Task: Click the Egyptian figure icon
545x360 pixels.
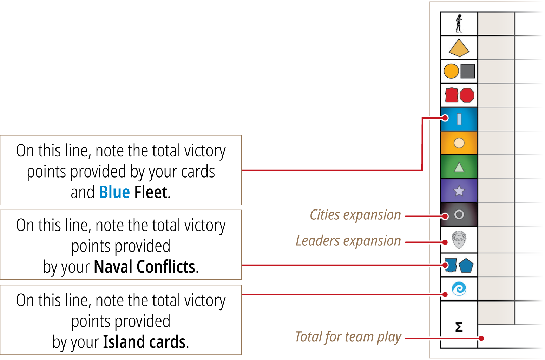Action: coord(459,24)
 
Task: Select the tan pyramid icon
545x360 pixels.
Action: coord(459,48)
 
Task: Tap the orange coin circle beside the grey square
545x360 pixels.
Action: coord(451,71)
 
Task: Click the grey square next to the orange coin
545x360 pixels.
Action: coord(468,71)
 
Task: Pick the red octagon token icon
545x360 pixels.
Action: coord(467,95)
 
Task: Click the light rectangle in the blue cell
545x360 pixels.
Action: coord(459,119)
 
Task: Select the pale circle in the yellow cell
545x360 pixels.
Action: coord(459,143)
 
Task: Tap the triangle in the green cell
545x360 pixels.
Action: coord(459,167)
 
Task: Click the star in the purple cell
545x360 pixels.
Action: coord(459,191)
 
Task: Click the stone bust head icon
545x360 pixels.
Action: coord(459,240)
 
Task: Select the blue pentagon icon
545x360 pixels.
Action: coord(466,266)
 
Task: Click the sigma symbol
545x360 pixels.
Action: coord(459,327)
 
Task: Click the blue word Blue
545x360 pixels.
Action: coord(114,192)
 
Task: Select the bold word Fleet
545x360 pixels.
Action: coord(151,192)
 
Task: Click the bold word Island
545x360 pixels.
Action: coord(124,342)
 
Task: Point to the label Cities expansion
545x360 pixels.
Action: coord(355,215)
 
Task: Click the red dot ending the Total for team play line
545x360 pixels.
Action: coord(481,338)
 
